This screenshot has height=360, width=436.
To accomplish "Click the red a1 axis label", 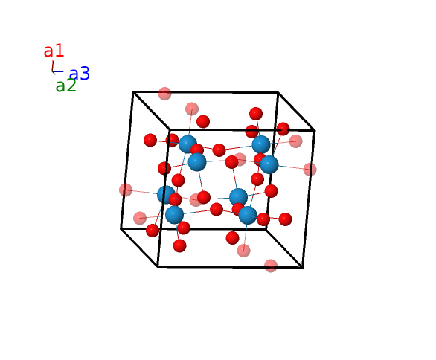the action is pos(54,51).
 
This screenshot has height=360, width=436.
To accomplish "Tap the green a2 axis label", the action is pos(65,86).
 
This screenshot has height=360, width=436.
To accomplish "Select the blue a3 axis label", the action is pos(80,74).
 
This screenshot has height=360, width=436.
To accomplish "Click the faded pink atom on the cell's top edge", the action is pos(164,94).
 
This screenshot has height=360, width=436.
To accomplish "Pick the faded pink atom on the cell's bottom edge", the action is pos(271,266).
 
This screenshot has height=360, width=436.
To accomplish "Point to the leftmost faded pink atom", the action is pos(126,190).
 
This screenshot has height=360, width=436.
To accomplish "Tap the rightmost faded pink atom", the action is pos(310,170).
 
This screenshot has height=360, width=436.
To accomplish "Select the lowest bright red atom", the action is pos(179,245).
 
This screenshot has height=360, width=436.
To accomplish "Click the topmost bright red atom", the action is pos(256,114).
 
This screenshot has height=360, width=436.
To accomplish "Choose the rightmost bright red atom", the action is pos(285,219).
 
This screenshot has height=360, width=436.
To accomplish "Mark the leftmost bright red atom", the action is pos(150,140).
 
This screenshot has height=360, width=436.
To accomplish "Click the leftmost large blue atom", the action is pos(166,195).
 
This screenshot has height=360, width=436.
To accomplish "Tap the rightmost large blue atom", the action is pos(269,164).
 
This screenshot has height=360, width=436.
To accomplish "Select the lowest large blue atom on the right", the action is pos(248,215).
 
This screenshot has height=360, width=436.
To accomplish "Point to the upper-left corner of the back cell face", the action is pos(133,91).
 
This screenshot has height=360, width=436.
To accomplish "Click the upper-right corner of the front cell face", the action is pos(315,130).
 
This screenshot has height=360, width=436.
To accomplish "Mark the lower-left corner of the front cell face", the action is pos(158,266).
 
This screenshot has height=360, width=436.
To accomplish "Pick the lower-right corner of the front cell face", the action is pos(303,268).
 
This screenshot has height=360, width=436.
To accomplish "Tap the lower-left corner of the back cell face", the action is pos(121,228).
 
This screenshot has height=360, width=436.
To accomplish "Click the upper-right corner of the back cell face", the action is pos(278,92).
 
